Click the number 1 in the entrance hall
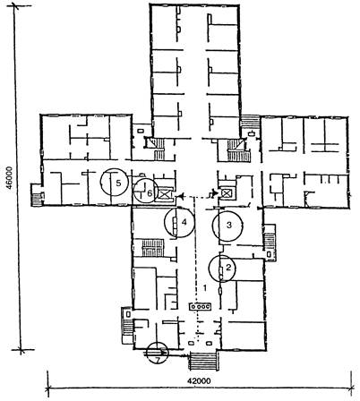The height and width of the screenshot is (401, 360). click(x=205, y=288)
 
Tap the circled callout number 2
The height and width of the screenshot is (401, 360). click(x=228, y=268)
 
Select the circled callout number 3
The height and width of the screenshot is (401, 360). click(x=229, y=225)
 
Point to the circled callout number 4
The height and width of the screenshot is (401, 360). click(x=184, y=222)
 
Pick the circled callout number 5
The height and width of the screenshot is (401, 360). click(x=118, y=183)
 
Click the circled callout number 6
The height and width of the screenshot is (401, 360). click(x=150, y=193)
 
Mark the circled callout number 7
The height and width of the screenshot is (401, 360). click(x=159, y=360)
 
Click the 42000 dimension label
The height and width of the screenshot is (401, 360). click(x=199, y=381)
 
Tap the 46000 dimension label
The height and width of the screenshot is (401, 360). click(x=9, y=178)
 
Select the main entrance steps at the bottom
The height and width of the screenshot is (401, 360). click(x=203, y=361)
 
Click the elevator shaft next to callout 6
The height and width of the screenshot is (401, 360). click(x=164, y=194)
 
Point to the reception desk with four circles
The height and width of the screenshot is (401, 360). click(x=201, y=306)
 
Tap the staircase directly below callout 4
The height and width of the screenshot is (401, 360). click(x=153, y=248)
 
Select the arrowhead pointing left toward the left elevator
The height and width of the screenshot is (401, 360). click(x=180, y=197)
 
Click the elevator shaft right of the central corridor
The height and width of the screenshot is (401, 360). click(x=226, y=193)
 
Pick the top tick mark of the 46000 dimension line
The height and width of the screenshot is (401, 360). click(x=14, y=6)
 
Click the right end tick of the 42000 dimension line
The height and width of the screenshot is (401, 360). click(x=352, y=388)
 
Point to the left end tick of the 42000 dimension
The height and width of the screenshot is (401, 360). click(x=47, y=388)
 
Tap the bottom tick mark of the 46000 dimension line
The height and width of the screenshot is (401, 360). click(x=21, y=350)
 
